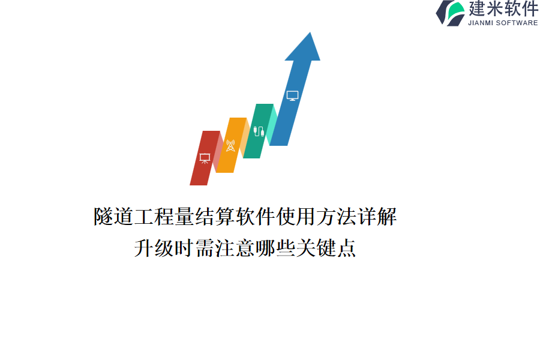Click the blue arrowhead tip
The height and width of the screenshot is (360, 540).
click(x=310, y=33)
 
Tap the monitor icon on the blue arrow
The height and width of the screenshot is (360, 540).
click(x=292, y=96)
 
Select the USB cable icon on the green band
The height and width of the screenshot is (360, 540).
click(x=259, y=131)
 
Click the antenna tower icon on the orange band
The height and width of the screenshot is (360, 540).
click(x=230, y=145)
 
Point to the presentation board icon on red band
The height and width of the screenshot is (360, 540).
click(x=205, y=158)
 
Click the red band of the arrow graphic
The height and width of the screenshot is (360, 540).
click(x=205, y=158)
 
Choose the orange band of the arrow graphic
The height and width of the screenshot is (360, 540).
click(x=231, y=145)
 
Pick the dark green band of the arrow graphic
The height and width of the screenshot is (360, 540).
click(x=258, y=131)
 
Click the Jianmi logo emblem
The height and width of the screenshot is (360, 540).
click(x=450, y=13)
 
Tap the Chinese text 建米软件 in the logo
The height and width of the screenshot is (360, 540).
click(x=503, y=8)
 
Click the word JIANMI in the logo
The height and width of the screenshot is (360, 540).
click(x=481, y=23)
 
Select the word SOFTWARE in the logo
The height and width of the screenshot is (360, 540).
click(x=517, y=23)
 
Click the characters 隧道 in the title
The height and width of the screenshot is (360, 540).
click(x=114, y=217)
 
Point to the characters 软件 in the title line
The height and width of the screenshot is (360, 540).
click(x=256, y=217)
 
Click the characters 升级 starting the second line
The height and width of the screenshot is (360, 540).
click(x=154, y=248)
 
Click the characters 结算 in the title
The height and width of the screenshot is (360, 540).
click(x=215, y=217)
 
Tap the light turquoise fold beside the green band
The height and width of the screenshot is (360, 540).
click(x=272, y=124)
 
